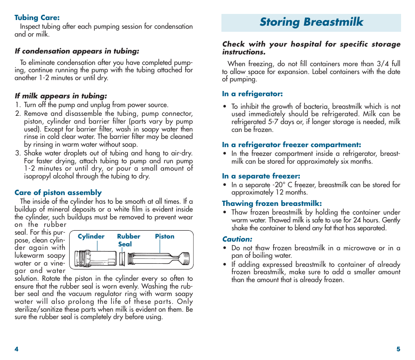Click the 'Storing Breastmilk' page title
[x=311, y=22]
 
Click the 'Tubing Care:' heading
[x=37, y=18]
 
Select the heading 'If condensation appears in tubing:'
[x=77, y=51]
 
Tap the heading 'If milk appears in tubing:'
[x=60, y=96]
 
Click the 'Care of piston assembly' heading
[x=58, y=192]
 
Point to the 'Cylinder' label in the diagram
[x=91, y=236]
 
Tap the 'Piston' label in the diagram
[x=164, y=236]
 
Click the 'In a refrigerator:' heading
[x=252, y=94]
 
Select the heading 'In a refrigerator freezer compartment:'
[x=291, y=145]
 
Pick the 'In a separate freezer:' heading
[x=261, y=176]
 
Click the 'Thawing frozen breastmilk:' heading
[x=272, y=203]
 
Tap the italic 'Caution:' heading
[x=237, y=239]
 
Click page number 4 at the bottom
[x=17, y=349]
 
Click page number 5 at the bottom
[x=398, y=349]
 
